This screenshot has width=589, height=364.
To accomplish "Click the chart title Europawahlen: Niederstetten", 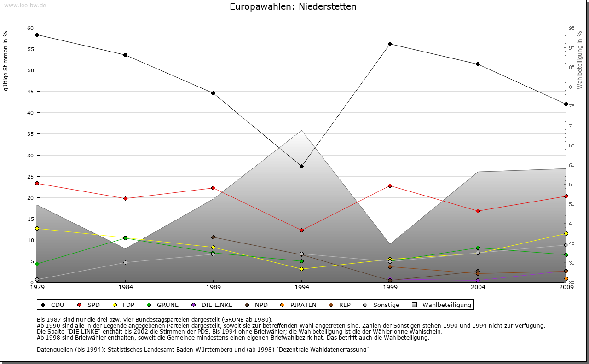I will pyautogui.click(x=293, y=7).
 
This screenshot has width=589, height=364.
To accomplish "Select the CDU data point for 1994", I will pyautogui.click(x=301, y=166).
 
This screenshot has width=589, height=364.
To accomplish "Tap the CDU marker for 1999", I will pyautogui.click(x=390, y=44).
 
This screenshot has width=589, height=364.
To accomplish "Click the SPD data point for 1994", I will pyautogui.click(x=301, y=230).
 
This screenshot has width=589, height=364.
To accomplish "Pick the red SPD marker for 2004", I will pyautogui.click(x=478, y=211).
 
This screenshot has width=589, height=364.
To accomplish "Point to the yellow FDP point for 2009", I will pyautogui.click(x=566, y=234).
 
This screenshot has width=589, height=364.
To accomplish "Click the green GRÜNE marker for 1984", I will pyautogui.click(x=125, y=238).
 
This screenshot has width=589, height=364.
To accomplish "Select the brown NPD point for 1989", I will pyautogui.click(x=213, y=237).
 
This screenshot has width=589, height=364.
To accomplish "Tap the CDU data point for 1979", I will pyautogui.click(x=37, y=35).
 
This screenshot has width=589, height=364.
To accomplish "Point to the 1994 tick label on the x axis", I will pyautogui.click(x=302, y=287).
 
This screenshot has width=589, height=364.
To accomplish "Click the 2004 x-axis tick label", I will pyautogui.click(x=478, y=287).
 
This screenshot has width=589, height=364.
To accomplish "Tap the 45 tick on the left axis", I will pyautogui.click(x=30, y=92).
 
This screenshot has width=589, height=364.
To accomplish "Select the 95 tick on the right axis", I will pyautogui.click(x=572, y=28).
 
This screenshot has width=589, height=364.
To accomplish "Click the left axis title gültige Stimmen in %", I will pyautogui.click(x=6, y=61).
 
